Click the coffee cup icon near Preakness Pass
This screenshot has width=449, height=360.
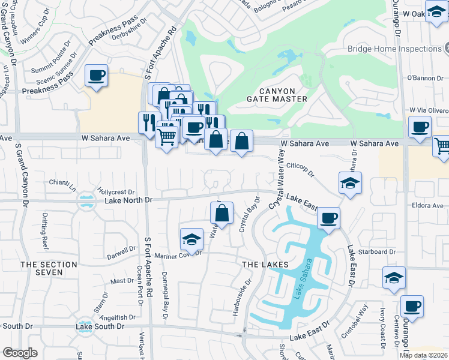96,76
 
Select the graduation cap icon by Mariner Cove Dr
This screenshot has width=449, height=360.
191,239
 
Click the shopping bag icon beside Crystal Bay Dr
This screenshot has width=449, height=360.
221,213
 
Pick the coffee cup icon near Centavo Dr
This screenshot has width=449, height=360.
412,306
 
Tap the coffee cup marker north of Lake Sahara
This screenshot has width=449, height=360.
328,218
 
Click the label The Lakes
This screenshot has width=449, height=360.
266,265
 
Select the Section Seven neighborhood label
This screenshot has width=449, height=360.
49,268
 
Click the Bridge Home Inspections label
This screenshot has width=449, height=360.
394,49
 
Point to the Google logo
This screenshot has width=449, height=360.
20,353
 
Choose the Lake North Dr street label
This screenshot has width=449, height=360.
129,200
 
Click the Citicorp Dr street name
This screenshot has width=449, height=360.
301,169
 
